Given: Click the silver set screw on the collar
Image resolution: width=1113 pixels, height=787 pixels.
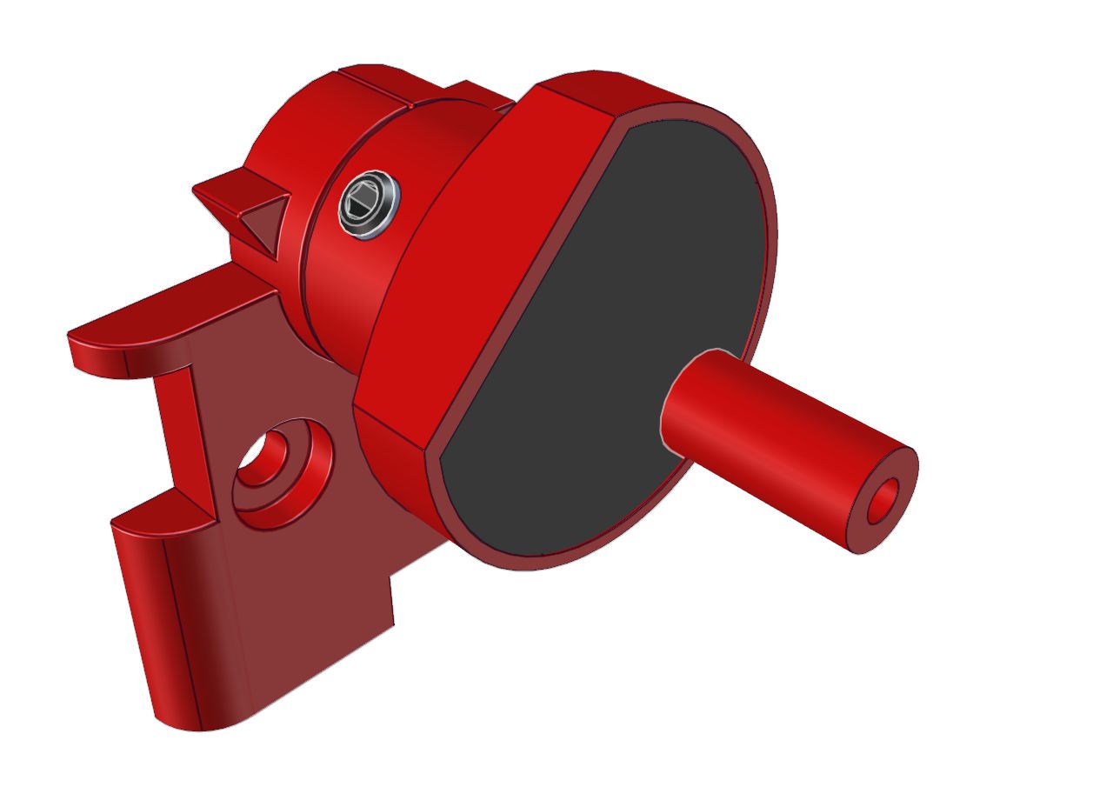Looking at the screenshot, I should tap(369, 203).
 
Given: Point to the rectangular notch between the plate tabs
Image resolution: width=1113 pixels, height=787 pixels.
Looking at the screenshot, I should tap(174, 435).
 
